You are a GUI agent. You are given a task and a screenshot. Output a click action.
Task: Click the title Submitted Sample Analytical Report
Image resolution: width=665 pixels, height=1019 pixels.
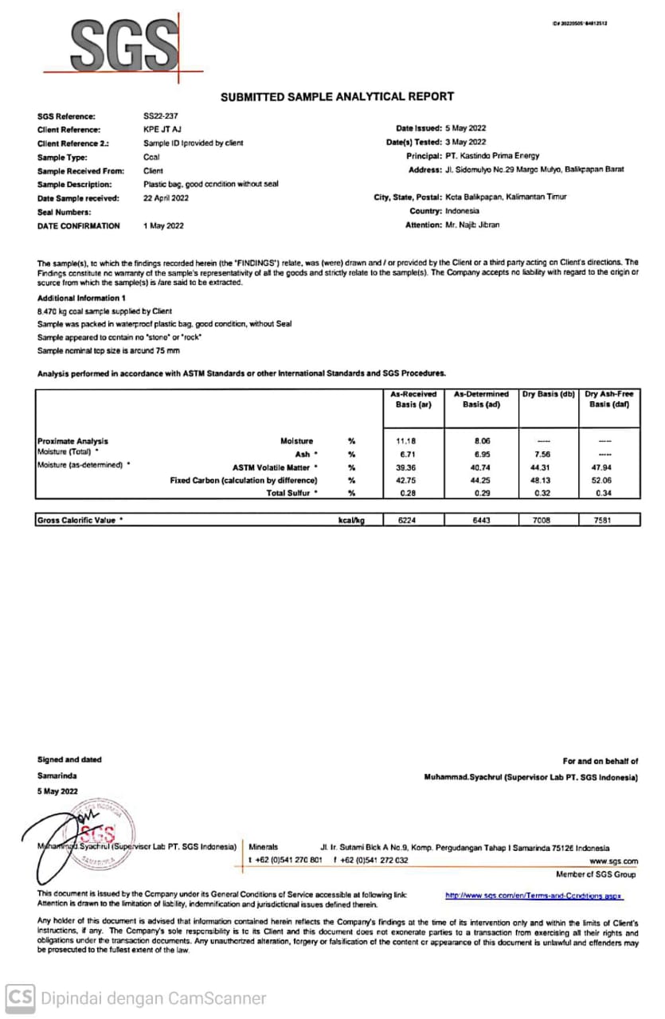pyautogui.click(x=337, y=96)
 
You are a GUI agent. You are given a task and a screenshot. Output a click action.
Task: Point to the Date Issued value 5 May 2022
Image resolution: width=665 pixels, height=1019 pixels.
pyautogui.click(x=466, y=128)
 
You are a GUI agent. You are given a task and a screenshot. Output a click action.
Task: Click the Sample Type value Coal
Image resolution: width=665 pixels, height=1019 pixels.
pyautogui.click(x=151, y=157)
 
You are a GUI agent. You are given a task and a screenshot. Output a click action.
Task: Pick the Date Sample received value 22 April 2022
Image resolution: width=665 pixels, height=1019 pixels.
pyautogui.click(x=166, y=198)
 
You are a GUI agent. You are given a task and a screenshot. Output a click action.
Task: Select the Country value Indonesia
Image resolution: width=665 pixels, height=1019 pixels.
pyautogui.click(x=462, y=211)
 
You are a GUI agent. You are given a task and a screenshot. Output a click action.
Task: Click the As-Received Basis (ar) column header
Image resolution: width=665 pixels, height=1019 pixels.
pyautogui.click(x=413, y=399)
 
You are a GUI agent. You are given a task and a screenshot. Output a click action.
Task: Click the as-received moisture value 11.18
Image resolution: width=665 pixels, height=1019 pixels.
pyautogui.click(x=406, y=441)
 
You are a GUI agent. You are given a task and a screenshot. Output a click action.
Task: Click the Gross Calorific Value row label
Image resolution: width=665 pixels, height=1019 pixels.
pyautogui.click(x=80, y=521)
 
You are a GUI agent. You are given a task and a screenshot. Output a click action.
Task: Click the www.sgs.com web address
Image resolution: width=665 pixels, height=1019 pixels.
pyautogui.click(x=614, y=861)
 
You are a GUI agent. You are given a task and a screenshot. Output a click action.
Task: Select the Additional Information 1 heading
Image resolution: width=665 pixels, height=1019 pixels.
pyautogui.click(x=81, y=298)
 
